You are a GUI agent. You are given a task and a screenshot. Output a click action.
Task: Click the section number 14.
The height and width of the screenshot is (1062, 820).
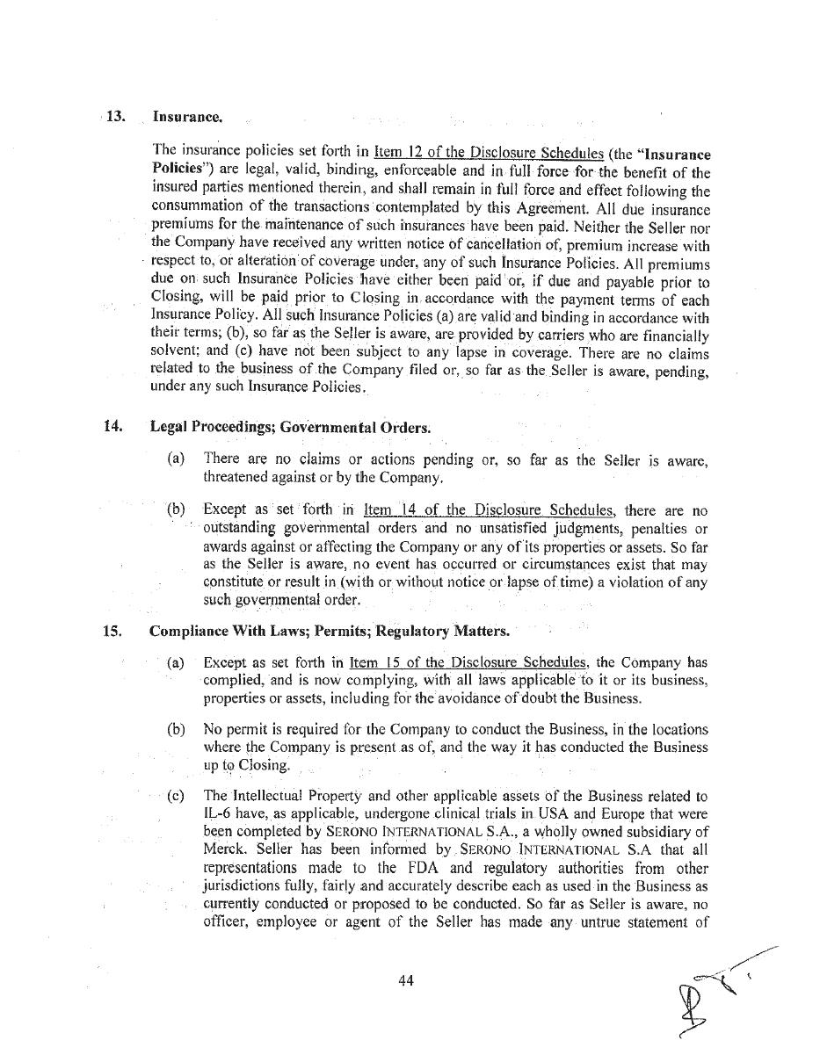[x=112, y=427]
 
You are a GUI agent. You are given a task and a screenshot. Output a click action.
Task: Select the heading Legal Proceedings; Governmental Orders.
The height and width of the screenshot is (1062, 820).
[x=290, y=428]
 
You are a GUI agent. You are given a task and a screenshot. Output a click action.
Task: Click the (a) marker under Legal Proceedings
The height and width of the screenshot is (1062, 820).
[x=176, y=459]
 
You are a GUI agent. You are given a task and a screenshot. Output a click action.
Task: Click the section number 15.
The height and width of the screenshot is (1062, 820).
[x=112, y=631]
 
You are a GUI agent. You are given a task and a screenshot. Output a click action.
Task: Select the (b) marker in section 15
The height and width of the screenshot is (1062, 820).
[x=176, y=730]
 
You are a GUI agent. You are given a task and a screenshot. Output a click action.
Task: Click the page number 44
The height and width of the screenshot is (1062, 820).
[x=405, y=981]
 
